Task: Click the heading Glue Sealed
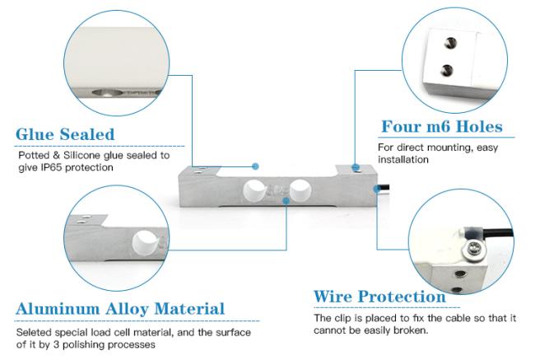tap(65, 133)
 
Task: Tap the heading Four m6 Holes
tap(441, 127)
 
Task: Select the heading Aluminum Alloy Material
tap(120, 309)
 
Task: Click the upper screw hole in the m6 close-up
tap(449, 40)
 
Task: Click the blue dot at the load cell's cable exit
tap(376, 188)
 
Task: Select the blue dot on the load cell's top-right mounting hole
tap(355, 169)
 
